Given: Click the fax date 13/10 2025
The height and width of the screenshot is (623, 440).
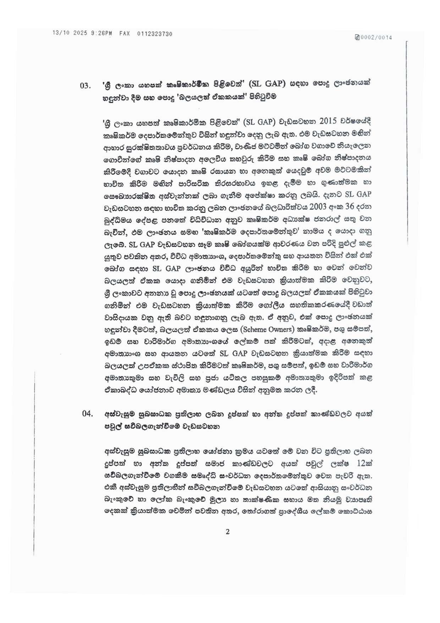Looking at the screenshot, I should pos(70,33).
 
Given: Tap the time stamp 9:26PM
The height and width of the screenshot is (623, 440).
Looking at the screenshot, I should pos(101,33).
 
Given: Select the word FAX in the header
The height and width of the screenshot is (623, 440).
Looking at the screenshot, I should pos(125,33).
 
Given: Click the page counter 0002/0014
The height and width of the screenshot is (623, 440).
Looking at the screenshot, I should pos(376,37).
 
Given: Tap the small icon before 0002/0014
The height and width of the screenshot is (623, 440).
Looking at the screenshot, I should pos(357,37).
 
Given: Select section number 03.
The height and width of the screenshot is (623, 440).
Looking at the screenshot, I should pos(86,86).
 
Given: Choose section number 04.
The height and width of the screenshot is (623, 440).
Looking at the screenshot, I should pos(87,413).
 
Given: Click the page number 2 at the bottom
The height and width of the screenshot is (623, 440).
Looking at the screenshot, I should pos(227,532).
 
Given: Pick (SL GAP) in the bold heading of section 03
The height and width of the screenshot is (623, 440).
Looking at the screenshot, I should pos(267,84).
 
